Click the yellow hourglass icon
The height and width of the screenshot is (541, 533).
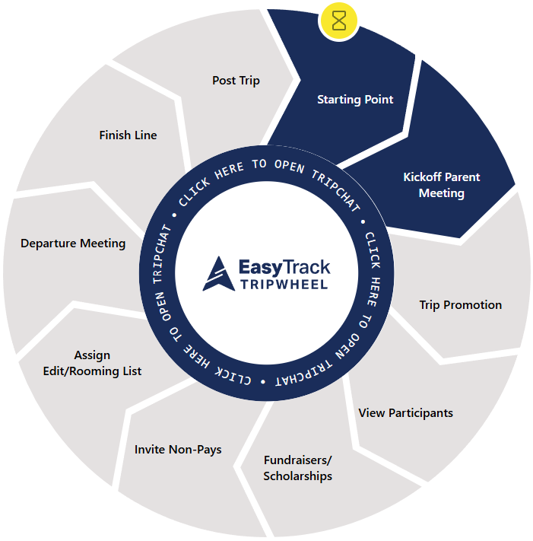pyautogui.click(x=339, y=21)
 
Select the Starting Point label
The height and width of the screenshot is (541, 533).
pyautogui.click(x=355, y=100)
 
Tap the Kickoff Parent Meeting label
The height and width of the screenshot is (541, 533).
pyautogui.click(x=442, y=185)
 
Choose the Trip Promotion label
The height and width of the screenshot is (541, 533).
pyautogui.click(x=461, y=305)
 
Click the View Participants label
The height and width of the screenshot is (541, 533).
pyautogui.click(x=405, y=413)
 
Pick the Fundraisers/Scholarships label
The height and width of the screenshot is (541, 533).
pyautogui.click(x=297, y=468)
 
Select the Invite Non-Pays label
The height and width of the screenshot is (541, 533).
pyautogui.click(x=178, y=450)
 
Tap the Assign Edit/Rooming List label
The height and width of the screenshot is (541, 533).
pyautogui.click(x=92, y=363)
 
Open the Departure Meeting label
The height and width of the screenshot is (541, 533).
pyautogui.click(x=73, y=243)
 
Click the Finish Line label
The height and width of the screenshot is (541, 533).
pyautogui.click(x=128, y=135)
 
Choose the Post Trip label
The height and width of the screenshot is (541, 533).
pyautogui.click(x=236, y=80)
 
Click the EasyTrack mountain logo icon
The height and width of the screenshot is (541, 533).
pyautogui.click(x=217, y=275)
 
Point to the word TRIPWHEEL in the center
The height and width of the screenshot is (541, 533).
pyautogui.click(x=284, y=285)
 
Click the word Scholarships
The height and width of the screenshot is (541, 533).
pyautogui.click(x=297, y=476)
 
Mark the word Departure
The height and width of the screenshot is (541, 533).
pyautogui.click(x=47, y=243)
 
